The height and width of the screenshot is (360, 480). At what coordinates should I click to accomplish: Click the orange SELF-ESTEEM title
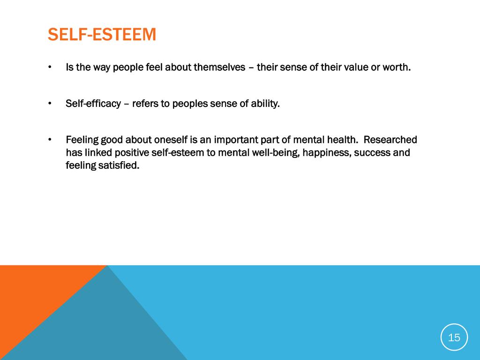tap(102, 35)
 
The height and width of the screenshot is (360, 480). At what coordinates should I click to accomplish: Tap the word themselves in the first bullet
tap(220, 67)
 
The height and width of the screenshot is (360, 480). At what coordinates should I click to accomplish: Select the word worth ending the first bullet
tap(397, 67)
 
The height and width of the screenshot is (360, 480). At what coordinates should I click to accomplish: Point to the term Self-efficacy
tap(93, 104)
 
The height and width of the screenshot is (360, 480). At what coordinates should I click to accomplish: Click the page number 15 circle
tap(454, 337)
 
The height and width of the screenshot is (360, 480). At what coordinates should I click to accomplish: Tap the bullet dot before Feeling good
tap(50, 140)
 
